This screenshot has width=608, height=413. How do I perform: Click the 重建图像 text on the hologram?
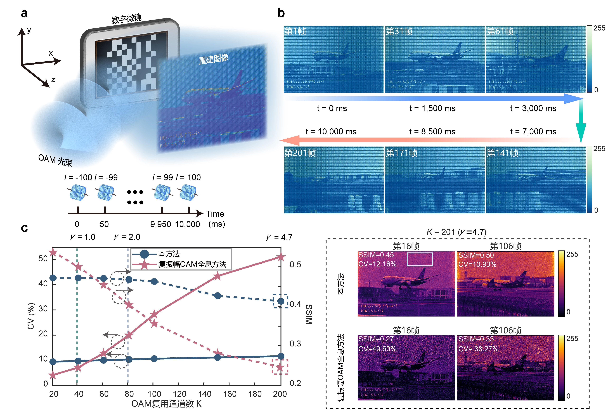[x=214, y=59]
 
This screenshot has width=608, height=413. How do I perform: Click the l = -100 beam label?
[x=78, y=177]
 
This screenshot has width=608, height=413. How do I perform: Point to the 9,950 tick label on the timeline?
[x=160, y=224]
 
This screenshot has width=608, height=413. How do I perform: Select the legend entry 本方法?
[x=169, y=254]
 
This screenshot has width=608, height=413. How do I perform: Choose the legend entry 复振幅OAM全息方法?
[x=192, y=264]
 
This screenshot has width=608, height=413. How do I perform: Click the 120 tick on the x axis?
[x=179, y=394]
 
